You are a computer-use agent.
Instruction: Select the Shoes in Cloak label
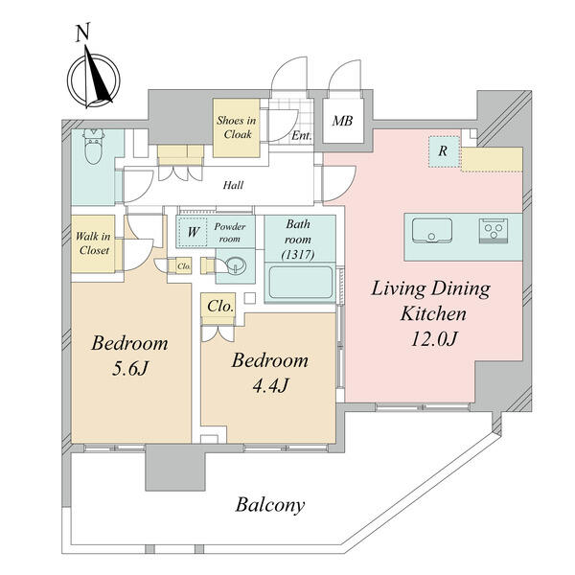click(236, 128)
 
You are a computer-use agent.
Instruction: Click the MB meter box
click(341, 122)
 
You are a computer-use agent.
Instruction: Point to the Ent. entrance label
click(302, 137)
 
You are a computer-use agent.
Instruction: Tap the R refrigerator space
click(443, 150)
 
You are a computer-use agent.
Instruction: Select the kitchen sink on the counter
click(432, 231)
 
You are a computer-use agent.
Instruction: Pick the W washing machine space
click(193, 231)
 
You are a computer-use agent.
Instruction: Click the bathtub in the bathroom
click(300, 283)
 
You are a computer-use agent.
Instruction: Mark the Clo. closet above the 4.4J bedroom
click(220, 307)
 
